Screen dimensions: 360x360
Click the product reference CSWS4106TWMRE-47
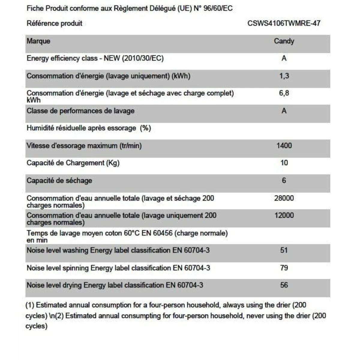(x=284, y=23)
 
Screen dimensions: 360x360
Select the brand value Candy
(x=284, y=41)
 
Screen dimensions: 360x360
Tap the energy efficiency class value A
(x=284, y=58)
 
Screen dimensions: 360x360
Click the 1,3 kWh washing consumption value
(x=284, y=76)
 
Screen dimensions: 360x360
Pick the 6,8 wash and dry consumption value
(x=284, y=93)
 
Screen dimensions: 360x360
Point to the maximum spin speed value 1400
(x=284, y=146)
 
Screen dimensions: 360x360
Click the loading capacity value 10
(x=284, y=163)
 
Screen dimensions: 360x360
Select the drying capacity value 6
(x=284, y=181)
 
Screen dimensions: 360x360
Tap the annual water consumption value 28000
(x=284, y=198)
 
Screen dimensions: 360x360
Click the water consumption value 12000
(x=284, y=215)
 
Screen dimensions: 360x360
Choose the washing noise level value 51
(x=284, y=250)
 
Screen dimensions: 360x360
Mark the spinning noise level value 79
(x=284, y=268)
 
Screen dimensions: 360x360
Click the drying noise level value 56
(x=284, y=285)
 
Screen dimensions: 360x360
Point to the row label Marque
(x=38, y=41)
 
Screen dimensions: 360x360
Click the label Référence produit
(x=54, y=23)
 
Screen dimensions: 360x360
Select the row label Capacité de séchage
(x=59, y=181)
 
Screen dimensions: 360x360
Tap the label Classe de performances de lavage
(x=80, y=111)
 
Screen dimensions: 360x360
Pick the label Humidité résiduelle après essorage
(x=81, y=128)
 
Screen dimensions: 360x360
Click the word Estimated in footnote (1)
(x=51, y=305)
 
